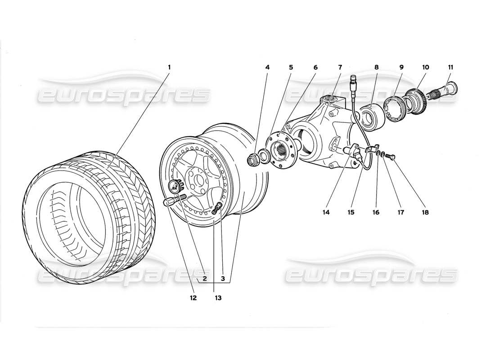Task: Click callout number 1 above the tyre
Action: [169, 67]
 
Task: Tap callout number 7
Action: [340, 67]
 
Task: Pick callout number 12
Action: [193, 297]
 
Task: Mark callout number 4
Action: [267, 67]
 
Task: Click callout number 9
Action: [401, 67]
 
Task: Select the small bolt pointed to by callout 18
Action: [391, 157]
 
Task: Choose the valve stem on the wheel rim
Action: [219, 207]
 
